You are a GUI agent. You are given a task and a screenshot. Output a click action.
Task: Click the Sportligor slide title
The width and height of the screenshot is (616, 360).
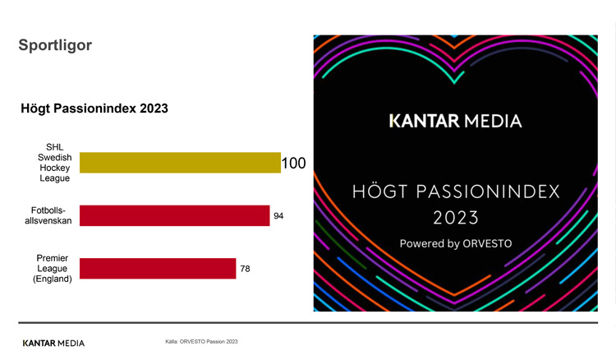(x=55, y=45)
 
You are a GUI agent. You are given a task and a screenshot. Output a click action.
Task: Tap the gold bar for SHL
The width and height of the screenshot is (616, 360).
(x=180, y=163)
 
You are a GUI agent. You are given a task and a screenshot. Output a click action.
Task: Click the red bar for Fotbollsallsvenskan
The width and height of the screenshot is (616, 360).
(x=175, y=215)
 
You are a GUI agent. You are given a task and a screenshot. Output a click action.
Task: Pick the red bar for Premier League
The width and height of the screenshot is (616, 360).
(x=158, y=269)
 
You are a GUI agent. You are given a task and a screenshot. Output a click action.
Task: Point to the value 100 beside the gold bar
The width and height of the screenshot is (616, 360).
(x=293, y=164)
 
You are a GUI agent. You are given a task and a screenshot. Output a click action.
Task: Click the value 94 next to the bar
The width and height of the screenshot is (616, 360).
(x=278, y=216)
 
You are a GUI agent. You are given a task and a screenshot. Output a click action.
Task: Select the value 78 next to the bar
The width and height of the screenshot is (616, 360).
(x=245, y=269)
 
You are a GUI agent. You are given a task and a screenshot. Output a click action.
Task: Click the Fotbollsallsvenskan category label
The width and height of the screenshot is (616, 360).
(x=49, y=215)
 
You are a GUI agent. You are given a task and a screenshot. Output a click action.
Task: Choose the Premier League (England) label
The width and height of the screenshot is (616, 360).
(x=53, y=268)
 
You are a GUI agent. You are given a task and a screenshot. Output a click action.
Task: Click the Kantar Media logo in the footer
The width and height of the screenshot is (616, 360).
(x=53, y=343)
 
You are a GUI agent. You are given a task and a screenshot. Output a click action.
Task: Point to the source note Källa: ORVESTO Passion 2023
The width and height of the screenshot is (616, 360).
(x=201, y=341)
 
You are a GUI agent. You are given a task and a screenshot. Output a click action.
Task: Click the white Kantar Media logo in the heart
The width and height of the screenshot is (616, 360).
(x=455, y=122)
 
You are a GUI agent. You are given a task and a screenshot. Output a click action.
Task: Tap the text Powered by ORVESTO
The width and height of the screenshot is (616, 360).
(x=455, y=244)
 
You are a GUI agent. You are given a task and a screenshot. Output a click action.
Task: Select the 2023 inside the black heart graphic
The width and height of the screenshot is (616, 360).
(x=455, y=219)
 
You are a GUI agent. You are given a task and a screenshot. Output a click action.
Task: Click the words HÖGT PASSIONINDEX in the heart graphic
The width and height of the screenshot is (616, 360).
(x=455, y=192)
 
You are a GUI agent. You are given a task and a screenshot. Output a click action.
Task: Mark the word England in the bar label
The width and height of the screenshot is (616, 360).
(x=53, y=279)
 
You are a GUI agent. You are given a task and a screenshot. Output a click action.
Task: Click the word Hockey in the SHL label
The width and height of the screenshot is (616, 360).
(x=55, y=168)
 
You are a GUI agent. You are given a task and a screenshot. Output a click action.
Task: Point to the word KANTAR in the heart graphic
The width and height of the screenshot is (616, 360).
(x=424, y=122)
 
